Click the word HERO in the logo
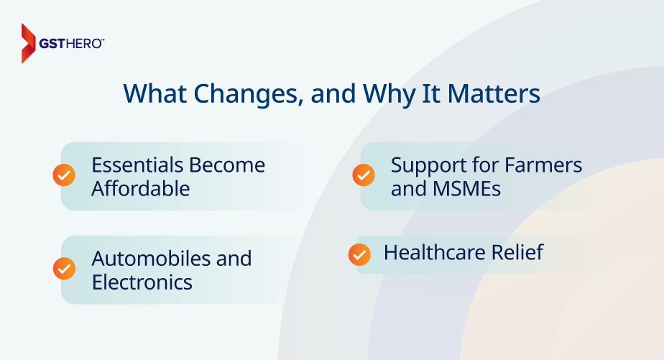[x=87, y=44]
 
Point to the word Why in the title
[x=391, y=95]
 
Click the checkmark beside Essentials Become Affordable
[x=64, y=175]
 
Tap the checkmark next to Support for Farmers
[x=363, y=175]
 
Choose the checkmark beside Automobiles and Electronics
[x=64, y=268]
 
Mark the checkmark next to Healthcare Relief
[x=359, y=254]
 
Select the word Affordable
[x=141, y=189]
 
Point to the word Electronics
[x=142, y=282]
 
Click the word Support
[x=425, y=165]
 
